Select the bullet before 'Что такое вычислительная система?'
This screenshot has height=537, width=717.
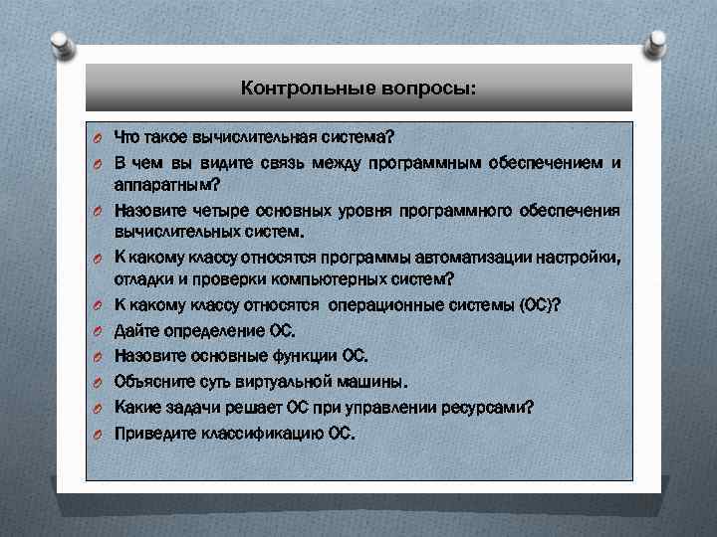tap(100, 137)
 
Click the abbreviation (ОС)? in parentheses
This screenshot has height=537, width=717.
tap(538, 305)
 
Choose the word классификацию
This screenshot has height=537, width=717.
tap(254, 433)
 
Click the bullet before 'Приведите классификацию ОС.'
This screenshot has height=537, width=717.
tap(100, 434)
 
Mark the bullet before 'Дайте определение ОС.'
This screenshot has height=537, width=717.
tap(100, 331)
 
